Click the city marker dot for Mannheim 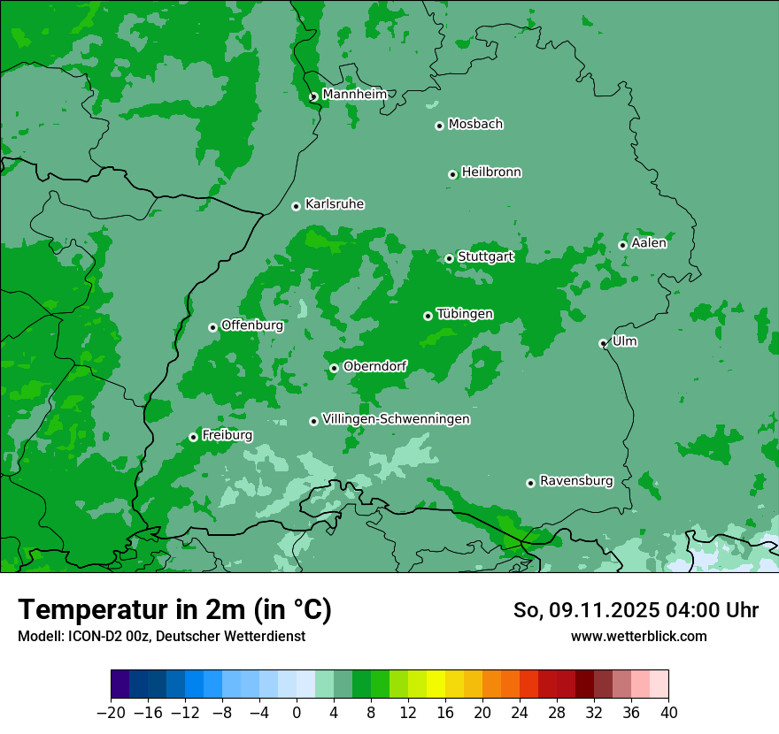pyautogui.click(x=313, y=97)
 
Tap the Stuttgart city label pyautogui.click(x=485, y=257)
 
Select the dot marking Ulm pyautogui.click(x=604, y=343)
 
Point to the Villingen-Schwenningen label pyautogui.click(x=396, y=419)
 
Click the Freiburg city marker pyautogui.click(x=193, y=438)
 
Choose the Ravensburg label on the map pyautogui.click(x=576, y=481)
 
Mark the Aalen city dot pyautogui.click(x=623, y=245)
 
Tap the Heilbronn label pyautogui.click(x=491, y=172)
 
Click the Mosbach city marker pyautogui.click(x=439, y=126)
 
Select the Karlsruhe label pyautogui.click(x=335, y=204)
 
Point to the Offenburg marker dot pyautogui.click(x=213, y=327)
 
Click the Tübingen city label pyautogui.click(x=465, y=314)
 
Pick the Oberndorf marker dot pyautogui.click(x=334, y=368)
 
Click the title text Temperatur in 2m pyautogui.click(x=175, y=610)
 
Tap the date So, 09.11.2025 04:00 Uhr pyautogui.click(x=636, y=610)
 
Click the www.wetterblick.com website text pyautogui.click(x=638, y=636)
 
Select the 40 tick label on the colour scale pyautogui.click(x=668, y=713)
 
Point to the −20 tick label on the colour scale pyautogui.click(x=111, y=713)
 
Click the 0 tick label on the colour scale pyautogui.click(x=297, y=713)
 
